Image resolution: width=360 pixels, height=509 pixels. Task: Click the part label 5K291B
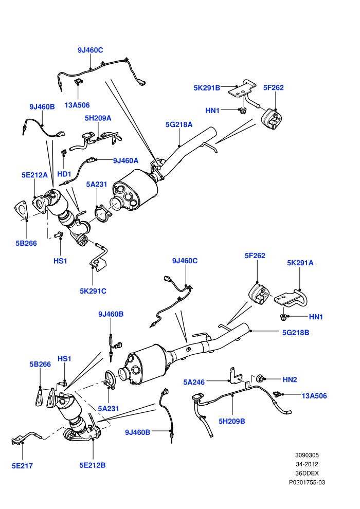207,87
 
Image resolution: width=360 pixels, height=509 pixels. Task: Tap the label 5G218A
179,124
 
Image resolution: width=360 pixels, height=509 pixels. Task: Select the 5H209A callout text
98,118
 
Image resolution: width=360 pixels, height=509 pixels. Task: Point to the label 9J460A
125,160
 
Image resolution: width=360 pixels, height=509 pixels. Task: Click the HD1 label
64,174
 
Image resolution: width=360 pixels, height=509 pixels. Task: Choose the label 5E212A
34,175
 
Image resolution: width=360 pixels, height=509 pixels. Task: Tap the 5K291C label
93,291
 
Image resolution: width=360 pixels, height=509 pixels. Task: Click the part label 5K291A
300,263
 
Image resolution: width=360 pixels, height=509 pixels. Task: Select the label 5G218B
296,333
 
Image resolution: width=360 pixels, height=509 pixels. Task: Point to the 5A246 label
194,382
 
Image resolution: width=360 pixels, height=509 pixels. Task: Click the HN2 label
290,379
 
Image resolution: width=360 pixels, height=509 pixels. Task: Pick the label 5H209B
232,421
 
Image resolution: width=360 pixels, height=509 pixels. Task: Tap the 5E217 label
23,466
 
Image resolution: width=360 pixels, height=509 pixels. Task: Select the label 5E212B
93,465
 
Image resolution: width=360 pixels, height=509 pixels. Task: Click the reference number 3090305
307,455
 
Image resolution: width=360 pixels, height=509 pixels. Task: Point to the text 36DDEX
307,474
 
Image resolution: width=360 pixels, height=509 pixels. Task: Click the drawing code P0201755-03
307,482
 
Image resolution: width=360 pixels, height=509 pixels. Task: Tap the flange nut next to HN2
260,378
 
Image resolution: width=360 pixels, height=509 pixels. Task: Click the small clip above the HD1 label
64,152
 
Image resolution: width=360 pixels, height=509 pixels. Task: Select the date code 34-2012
307,464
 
